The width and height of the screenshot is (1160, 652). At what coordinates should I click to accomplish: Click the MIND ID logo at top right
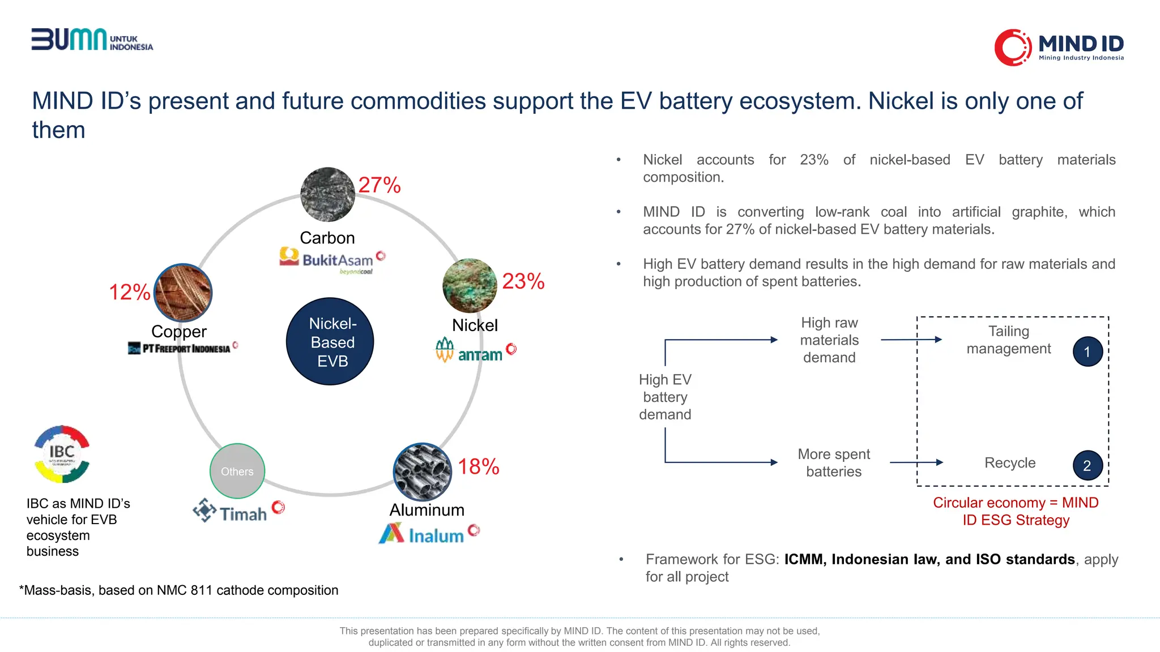click(1059, 47)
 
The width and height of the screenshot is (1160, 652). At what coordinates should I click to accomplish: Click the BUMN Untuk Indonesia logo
click(92, 40)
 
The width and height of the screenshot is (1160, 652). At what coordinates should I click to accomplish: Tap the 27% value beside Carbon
click(379, 185)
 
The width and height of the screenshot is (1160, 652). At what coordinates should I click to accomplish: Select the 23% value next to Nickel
click(523, 281)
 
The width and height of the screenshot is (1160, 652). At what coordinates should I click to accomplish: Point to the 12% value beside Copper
click(130, 292)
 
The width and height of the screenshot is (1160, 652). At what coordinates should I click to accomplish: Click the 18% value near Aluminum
click(479, 467)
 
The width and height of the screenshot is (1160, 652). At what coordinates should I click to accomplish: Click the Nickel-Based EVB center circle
click(330, 342)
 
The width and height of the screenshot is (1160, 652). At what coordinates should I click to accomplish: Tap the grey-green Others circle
click(237, 471)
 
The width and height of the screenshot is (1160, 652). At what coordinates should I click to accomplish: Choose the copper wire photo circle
click(183, 293)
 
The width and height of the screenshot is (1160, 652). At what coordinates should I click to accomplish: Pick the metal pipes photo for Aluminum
click(423, 471)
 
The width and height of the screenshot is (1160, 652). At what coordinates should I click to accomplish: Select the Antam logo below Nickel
click(475, 351)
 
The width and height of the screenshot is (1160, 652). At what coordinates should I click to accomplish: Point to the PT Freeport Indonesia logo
click(182, 348)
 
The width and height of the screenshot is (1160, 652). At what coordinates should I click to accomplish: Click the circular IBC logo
click(62, 454)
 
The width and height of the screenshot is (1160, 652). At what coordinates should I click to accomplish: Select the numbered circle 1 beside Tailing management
click(1087, 351)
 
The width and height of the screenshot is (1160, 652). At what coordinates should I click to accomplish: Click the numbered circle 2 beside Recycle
click(1087, 465)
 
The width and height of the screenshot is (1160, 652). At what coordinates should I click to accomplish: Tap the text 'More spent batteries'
click(834, 462)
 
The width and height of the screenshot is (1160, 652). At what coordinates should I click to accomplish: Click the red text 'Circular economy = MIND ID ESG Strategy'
click(1016, 511)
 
